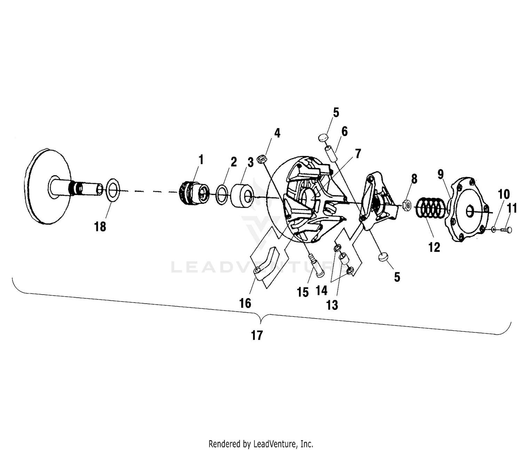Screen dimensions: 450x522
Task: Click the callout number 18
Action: tap(100, 227)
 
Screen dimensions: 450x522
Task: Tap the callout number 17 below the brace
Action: tap(257, 336)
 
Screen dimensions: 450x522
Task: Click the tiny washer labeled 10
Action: tap(494, 229)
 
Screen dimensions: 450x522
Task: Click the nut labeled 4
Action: tap(262, 160)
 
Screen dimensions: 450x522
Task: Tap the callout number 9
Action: tap(441, 174)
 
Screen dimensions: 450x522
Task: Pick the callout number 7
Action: tap(358, 153)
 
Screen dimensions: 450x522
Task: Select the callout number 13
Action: tap(332, 305)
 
